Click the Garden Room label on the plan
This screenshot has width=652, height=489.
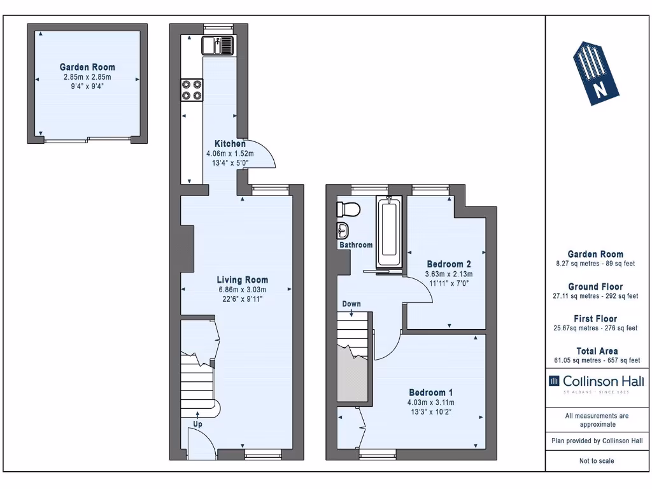[87, 67]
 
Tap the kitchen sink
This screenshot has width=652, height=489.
[218, 45]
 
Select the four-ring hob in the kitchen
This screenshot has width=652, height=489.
[192, 89]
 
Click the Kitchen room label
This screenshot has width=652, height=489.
[230, 144]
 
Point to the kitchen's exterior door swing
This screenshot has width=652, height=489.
[262, 155]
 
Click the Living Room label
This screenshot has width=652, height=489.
[242, 280]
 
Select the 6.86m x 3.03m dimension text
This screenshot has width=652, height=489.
[242, 290]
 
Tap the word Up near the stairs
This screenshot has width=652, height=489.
[199, 424]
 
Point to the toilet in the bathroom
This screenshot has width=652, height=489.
[348, 209]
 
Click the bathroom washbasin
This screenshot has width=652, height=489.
[343, 230]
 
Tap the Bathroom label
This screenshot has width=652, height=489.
[355, 245]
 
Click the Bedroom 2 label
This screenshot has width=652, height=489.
[448, 264]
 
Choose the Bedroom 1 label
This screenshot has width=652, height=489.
[430, 392]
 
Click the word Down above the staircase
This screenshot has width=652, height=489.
[351, 304]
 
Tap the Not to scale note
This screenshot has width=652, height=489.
[596, 460]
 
